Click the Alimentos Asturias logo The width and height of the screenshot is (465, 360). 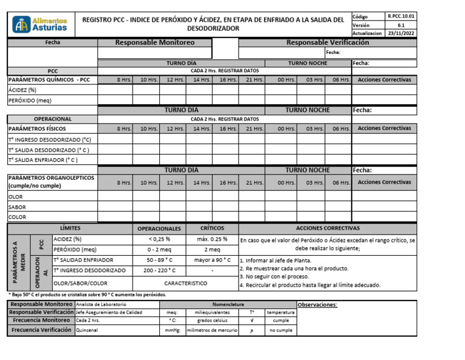(41, 24)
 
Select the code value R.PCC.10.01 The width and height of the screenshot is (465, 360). (401, 16)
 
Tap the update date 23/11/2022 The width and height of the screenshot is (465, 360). (401, 33)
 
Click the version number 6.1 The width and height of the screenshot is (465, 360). (401, 25)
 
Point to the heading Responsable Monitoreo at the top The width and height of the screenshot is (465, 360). (155, 42)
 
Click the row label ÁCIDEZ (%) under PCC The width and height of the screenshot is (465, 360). (22, 90)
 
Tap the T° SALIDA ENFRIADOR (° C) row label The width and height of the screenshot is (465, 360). (42, 160)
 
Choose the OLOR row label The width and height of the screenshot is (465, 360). (15, 196)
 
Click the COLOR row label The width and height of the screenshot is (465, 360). (17, 217)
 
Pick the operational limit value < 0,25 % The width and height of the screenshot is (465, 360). (159, 239)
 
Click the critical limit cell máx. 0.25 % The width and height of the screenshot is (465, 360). (212, 239)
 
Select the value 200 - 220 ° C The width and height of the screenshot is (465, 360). (159, 270)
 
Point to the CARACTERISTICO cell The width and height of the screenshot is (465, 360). (185, 283)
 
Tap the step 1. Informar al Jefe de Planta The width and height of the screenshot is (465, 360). (275, 260)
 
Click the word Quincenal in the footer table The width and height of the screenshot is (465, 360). (86, 330)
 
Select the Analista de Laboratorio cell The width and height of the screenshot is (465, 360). (101, 304)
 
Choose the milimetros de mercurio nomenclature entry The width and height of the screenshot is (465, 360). (212, 330)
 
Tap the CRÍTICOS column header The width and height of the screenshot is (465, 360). (212, 228)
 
